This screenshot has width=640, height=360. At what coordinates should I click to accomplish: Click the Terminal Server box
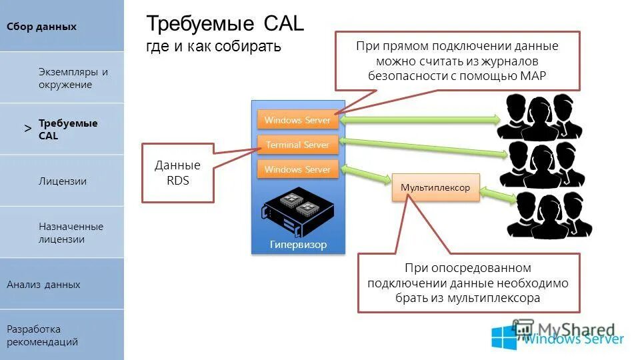pyautogui.click(x=297, y=145)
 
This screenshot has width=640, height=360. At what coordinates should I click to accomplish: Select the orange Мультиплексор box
pyautogui.click(x=435, y=187)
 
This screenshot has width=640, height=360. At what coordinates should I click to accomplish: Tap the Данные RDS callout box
pyautogui.click(x=177, y=172)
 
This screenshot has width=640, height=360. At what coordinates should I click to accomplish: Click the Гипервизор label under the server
pyautogui.click(x=298, y=245)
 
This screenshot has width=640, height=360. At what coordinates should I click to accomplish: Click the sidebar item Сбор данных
pyautogui.click(x=42, y=27)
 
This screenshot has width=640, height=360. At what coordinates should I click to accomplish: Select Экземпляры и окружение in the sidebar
pyautogui.click(x=73, y=78)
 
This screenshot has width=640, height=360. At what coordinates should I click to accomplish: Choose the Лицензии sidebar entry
pyautogui.click(x=63, y=181)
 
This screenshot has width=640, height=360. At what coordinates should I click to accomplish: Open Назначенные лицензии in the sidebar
pyautogui.click(x=71, y=233)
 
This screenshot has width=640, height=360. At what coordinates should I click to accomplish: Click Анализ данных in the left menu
pyautogui.click(x=43, y=285)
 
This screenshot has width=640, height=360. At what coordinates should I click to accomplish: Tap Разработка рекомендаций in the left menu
pyautogui.click(x=43, y=335)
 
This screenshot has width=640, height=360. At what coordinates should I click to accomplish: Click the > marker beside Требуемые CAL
pyautogui.click(x=27, y=128)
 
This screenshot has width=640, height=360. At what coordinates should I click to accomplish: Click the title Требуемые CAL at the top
pyautogui.click(x=225, y=24)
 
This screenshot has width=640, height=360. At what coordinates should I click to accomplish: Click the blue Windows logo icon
pyautogui.click(x=504, y=337)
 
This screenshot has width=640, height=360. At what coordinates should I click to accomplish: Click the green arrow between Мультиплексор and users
pyautogui.click(x=497, y=194)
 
